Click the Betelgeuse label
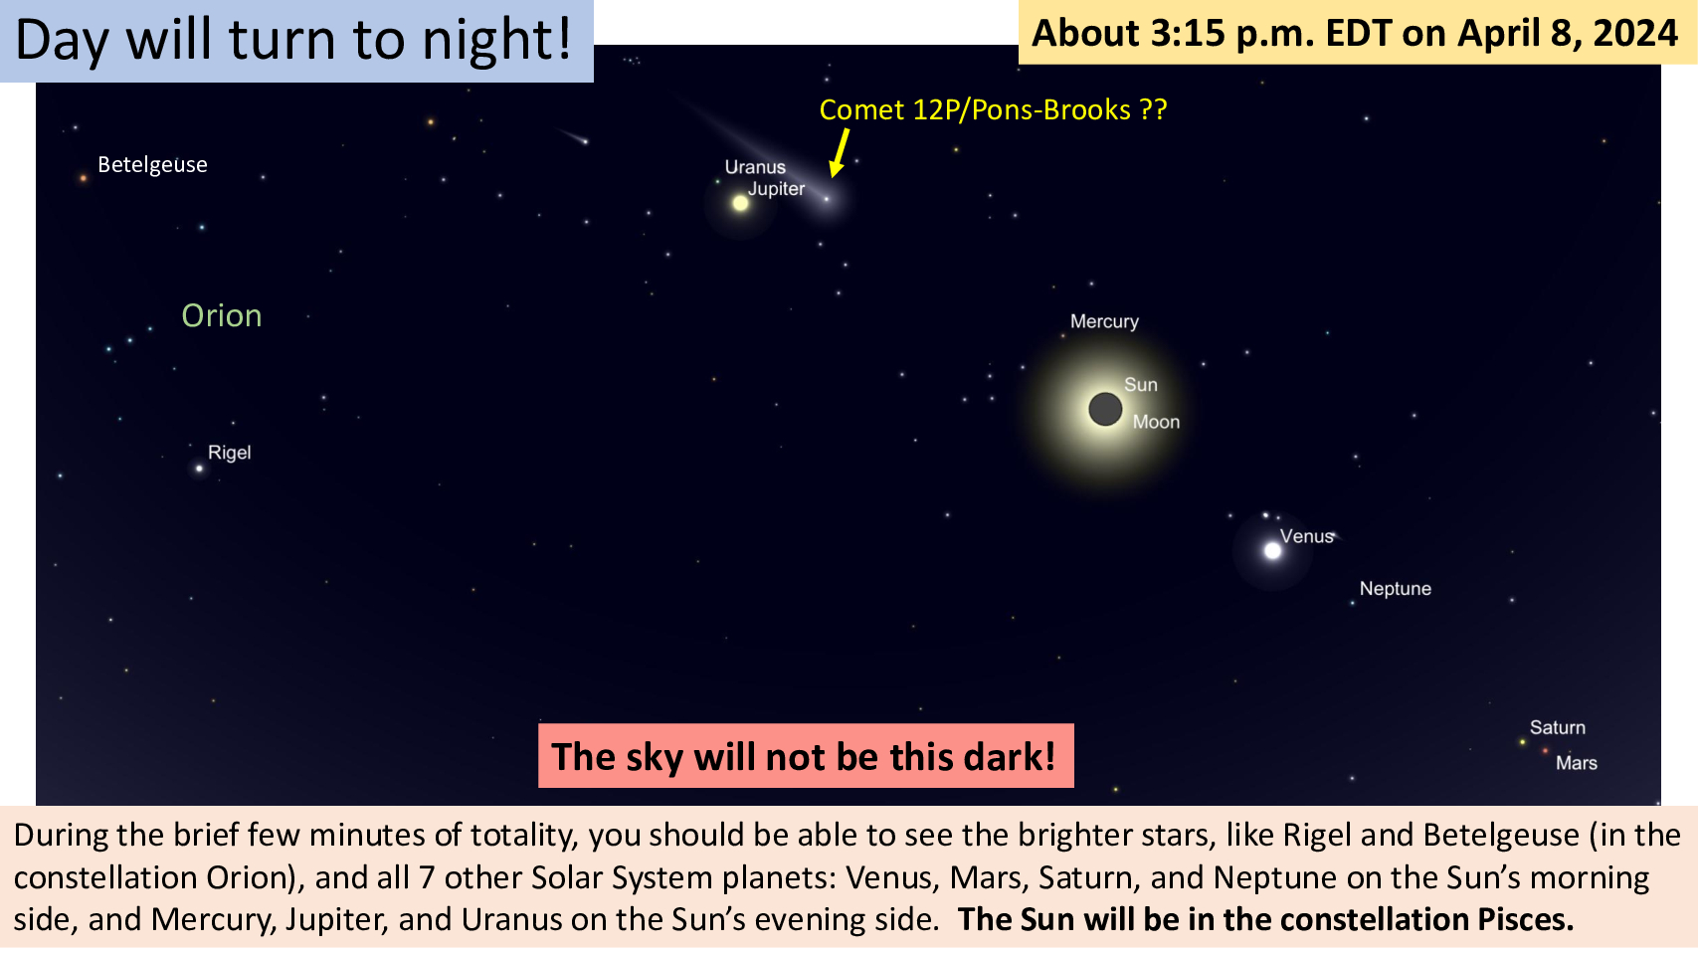(152, 165)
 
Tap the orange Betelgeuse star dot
(84, 179)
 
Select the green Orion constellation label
(222, 315)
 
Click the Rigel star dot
(199, 469)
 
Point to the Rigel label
(229, 453)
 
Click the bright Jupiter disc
(741, 203)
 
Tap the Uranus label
(755, 167)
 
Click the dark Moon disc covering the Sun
(1105, 409)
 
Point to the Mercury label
(1104, 321)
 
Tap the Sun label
(1141, 385)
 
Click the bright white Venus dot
(1272, 551)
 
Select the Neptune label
(1395, 589)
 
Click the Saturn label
(1557, 727)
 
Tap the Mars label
(1576, 763)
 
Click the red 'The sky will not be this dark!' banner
(806, 756)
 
